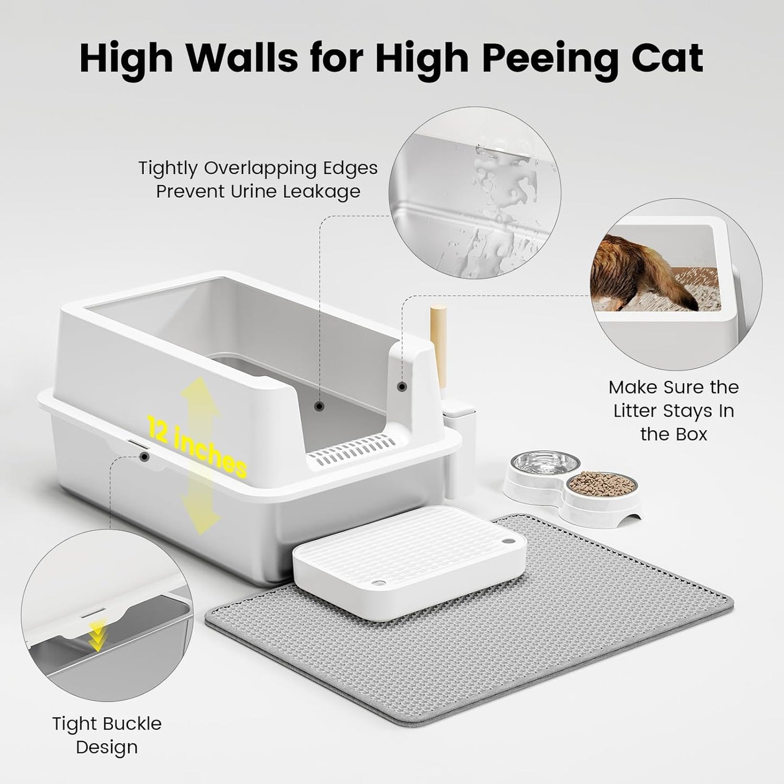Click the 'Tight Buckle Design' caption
pos(107,735)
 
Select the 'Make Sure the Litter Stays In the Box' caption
pos(673,411)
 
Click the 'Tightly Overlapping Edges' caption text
pos(258,168)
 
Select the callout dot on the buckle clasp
pos(144,457)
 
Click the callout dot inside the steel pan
pos(320,406)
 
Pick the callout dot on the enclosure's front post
pos(402,387)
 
